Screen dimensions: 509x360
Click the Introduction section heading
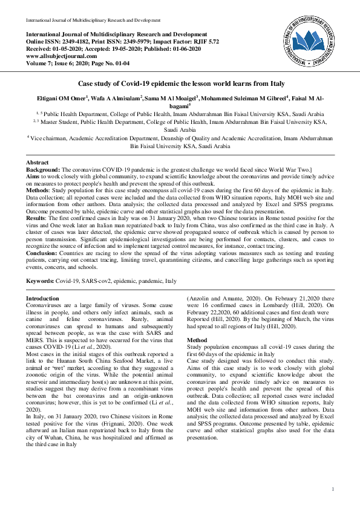point(43,299)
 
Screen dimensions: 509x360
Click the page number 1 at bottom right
point(334,489)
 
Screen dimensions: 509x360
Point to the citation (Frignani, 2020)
point(127,421)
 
